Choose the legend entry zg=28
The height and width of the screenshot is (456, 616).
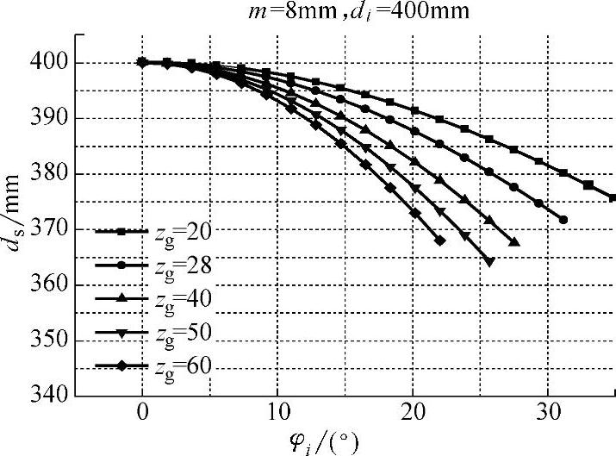[164, 265]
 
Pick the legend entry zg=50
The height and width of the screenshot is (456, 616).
[164, 332]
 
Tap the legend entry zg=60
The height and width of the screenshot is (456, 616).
[164, 365]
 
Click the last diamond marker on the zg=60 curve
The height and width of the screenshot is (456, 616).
[440, 240]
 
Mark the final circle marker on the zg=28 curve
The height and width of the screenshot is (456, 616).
[563, 220]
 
